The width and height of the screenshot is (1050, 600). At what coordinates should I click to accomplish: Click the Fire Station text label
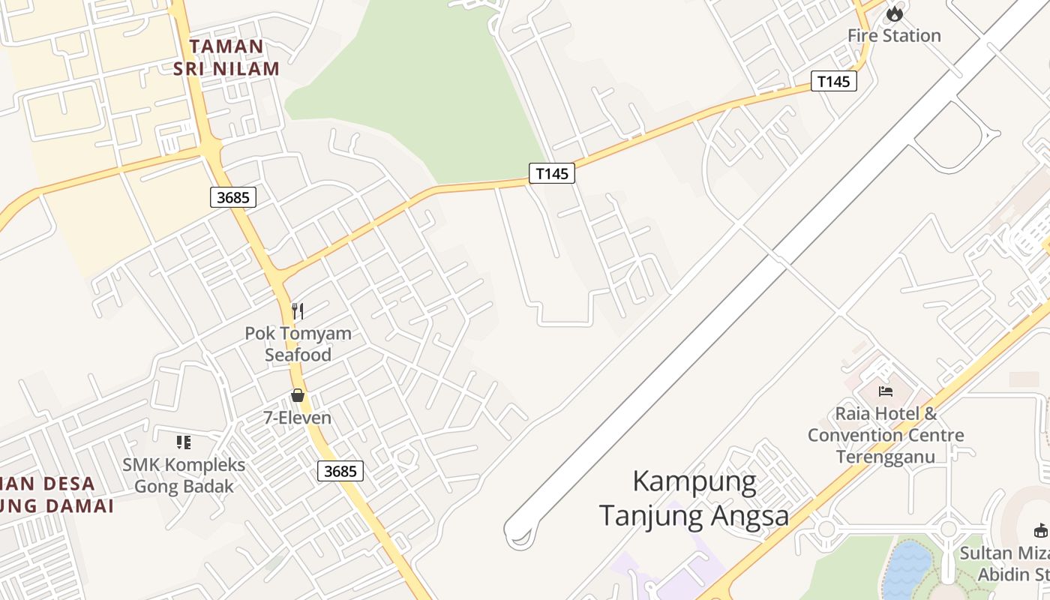894,35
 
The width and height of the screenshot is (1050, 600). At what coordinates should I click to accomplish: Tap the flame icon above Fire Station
894,13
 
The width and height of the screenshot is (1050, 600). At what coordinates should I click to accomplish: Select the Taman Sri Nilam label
226,58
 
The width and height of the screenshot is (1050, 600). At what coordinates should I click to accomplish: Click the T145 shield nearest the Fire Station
833,81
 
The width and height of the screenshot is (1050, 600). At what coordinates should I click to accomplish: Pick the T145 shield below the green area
552,173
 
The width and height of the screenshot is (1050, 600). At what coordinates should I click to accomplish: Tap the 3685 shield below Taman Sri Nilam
233,197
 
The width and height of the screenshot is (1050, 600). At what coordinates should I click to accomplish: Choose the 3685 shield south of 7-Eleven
340,471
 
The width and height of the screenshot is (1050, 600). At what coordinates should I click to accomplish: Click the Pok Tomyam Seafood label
298,343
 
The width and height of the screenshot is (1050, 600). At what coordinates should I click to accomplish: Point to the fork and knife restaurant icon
298,311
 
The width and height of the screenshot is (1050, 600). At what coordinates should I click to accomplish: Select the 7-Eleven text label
298,418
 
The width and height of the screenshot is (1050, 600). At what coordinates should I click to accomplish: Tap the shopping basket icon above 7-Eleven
298,395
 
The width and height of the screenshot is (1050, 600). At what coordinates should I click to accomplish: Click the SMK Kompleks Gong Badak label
184,475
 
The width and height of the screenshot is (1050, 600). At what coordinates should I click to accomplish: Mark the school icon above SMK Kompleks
184,442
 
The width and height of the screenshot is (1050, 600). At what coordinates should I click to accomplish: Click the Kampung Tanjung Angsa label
694,498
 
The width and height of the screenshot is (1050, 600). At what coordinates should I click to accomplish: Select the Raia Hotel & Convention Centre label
886,435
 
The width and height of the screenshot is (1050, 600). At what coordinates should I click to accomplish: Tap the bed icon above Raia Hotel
886,391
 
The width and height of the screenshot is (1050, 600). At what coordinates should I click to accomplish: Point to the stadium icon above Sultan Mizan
1041,531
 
